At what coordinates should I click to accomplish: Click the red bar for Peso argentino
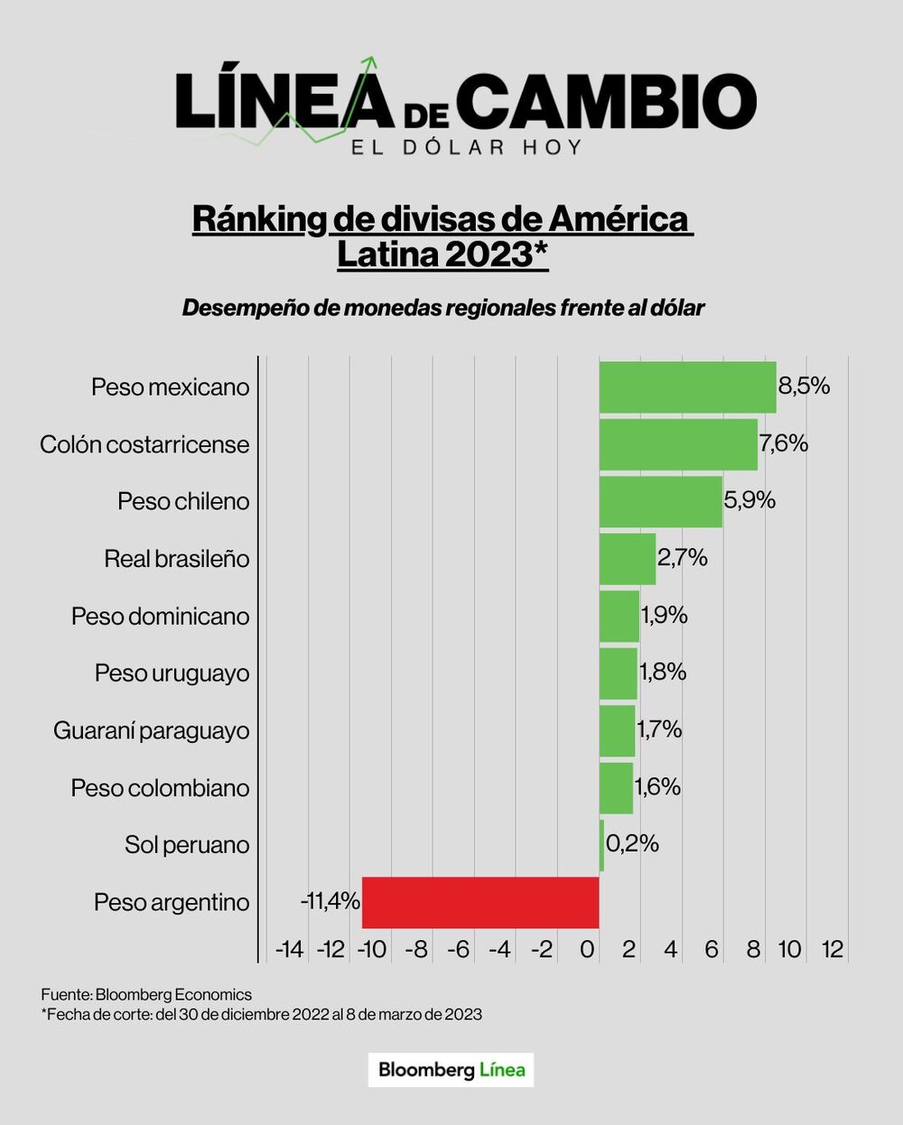[480, 902]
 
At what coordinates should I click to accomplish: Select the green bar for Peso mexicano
[687, 387]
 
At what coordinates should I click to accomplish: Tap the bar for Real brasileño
[628, 559]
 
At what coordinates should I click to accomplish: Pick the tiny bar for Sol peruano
[601, 845]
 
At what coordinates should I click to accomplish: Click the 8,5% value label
[804, 386]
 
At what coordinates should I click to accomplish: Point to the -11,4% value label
[330, 901]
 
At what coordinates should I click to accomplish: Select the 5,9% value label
[749, 500]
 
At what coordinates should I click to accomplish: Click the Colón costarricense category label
[144, 444]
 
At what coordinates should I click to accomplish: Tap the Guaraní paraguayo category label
[151, 730]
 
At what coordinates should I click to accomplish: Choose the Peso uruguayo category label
[172, 674]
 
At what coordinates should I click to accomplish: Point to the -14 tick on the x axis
[289, 950]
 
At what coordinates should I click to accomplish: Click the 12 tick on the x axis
[832, 950]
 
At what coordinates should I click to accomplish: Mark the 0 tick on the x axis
[587, 950]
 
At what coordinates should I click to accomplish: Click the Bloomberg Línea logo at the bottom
[451, 1070]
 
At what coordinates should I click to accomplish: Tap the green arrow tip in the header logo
[370, 61]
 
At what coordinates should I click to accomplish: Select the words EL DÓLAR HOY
[466, 147]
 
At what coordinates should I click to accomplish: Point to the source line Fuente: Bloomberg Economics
[146, 994]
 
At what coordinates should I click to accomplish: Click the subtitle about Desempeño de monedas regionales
[442, 308]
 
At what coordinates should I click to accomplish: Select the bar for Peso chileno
[660, 502]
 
